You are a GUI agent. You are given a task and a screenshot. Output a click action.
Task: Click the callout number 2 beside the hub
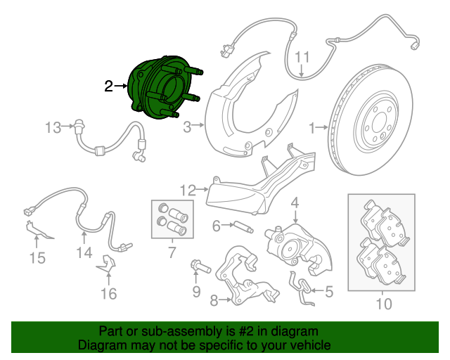pyautogui.click(x=108, y=86)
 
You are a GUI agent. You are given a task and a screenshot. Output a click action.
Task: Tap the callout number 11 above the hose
pyautogui.click(x=302, y=57)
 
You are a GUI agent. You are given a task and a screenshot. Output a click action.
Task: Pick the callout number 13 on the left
pyautogui.click(x=53, y=127)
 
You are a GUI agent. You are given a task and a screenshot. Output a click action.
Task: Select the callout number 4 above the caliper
pyautogui.click(x=295, y=204)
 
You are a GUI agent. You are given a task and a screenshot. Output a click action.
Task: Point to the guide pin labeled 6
pyautogui.click(x=240, y=226)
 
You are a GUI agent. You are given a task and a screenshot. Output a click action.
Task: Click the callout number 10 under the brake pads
pyautogui.click(x=383, y=304)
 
